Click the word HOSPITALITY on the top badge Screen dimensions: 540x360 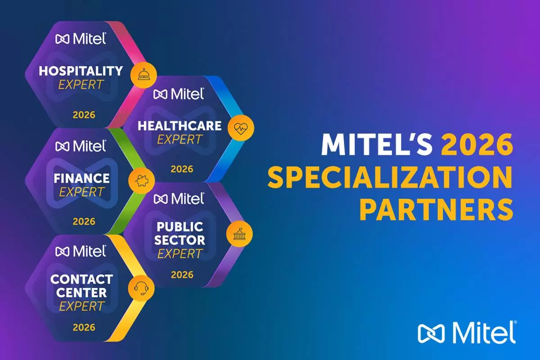click(x=81, y=71)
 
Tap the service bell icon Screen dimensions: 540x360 click(x=144, y=74)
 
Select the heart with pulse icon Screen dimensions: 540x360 click(x=241, y=128)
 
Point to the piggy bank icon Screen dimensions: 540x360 click(x=141, y=180)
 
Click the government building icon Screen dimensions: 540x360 click(x=239, y=234)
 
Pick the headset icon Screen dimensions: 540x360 click(x=141, y=288)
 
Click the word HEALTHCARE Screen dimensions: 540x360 click(x=180, y=126)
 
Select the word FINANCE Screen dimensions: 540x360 click(x=81, y=179)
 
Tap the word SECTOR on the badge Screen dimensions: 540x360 click(x=180, y=240)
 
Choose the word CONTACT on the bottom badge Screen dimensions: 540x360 click(x=81, y=279)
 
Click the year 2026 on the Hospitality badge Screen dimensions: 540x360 click(x=84, y=115)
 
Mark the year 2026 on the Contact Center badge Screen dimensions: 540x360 click(x=84, y=328)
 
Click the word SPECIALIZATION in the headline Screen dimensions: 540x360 click(x=390, y=177)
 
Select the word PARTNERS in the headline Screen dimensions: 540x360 click(x=436, y=210)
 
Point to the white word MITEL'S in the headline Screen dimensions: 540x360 click(x=377, y=144)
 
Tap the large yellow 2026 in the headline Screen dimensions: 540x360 click(x=477, y=144)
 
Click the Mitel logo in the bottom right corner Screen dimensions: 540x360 click(x=467, y=333)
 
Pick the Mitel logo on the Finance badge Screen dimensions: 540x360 click(x=81, y=146)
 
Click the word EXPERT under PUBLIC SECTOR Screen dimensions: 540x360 click(x=180, y=254)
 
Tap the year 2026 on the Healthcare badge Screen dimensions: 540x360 click(x=182, y=169)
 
